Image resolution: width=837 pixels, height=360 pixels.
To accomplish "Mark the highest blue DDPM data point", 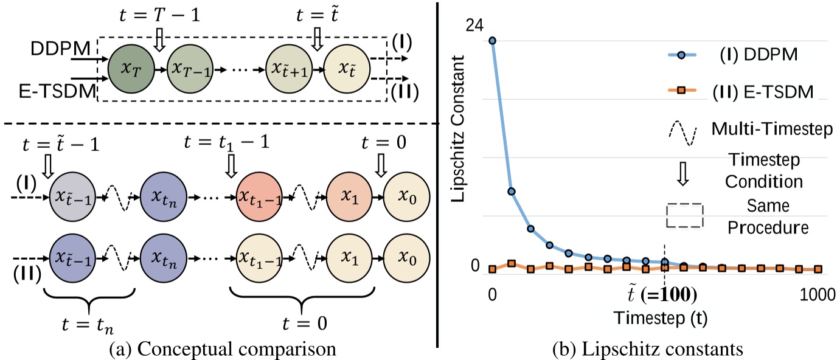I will tap(492, 41).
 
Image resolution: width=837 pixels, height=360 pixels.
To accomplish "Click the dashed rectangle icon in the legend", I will tap(684, 215).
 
